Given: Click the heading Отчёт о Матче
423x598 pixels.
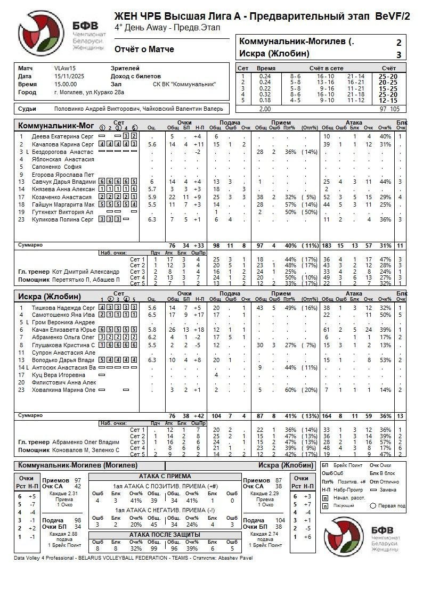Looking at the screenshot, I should click(x=144, y=50).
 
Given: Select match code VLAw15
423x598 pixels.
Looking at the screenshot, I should click(x=65, y=69).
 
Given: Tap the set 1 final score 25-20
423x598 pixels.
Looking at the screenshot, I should click(x=387, y=76).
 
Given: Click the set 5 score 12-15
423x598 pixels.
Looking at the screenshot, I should click(x=387, y=100).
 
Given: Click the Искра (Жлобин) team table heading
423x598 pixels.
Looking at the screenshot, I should click(x=50, y=297).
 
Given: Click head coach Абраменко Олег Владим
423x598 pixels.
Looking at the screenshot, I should click(x=86, y=442).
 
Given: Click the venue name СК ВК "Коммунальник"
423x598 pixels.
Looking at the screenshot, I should click(x=184, y=84).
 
